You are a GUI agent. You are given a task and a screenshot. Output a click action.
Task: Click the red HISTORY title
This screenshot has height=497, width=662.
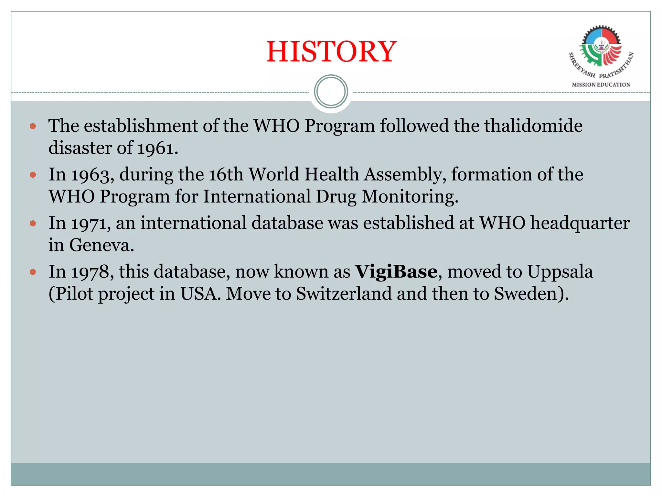point(331,52)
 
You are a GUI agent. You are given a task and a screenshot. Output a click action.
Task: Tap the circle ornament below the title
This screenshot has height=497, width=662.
point(331,92)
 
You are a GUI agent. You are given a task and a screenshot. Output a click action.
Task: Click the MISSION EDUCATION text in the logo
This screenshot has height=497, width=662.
point(601,85)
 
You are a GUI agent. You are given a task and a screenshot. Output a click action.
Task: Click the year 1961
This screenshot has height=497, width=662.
point(156,148)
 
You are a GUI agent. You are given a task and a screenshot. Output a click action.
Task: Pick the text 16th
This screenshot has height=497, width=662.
point(226,174)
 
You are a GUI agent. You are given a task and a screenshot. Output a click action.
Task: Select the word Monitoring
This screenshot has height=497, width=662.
point(409,197)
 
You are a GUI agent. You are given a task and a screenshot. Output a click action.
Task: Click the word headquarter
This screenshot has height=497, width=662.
point(580,223)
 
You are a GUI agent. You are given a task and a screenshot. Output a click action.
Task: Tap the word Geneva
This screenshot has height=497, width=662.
point(101,245)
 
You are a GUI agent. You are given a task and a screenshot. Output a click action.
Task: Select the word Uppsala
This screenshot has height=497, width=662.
point(560,272)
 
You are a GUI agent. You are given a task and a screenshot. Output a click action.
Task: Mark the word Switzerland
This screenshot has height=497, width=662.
point(344,294)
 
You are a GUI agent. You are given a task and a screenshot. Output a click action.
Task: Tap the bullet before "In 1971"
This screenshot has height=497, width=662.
point(33,223)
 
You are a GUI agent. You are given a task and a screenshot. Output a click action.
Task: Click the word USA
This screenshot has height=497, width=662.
point(198,294)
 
